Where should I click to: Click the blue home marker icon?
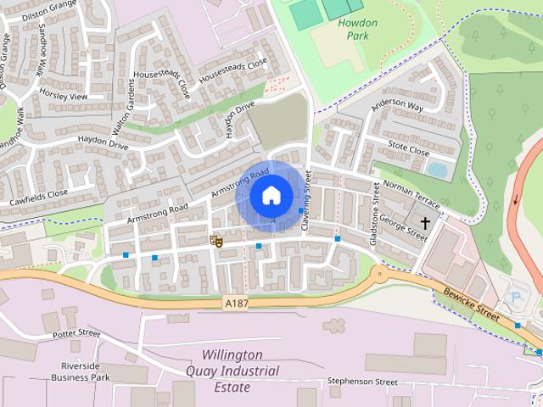(271, 196)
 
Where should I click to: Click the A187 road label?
(237, 302)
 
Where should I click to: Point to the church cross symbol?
(424, 222)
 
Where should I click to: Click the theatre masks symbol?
(216, 241)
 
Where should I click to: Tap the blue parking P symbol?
(517, 298)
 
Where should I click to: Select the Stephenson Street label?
(362, 382)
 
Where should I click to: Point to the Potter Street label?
(76, 333)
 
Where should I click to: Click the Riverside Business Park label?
(80, 371)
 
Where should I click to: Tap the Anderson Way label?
(396, 106)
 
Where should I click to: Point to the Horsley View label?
(63, 97)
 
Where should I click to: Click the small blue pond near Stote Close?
(437, 170)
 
